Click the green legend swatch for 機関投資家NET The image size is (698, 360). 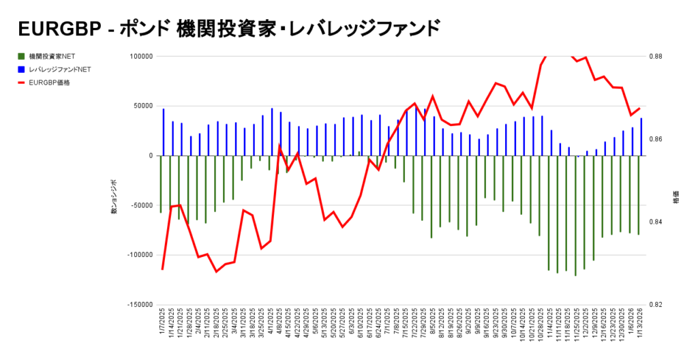pos(22,56)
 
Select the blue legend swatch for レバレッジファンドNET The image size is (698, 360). pos(22,69)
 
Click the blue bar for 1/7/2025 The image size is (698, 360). pos(164,132)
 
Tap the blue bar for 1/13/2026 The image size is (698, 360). pos(641,137)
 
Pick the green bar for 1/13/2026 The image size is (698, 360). pos(638,195)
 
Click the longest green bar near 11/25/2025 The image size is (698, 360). pos(575,215)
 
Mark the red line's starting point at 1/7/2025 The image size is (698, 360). pos(162,269)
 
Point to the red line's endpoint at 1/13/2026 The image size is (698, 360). pos(639,108)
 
